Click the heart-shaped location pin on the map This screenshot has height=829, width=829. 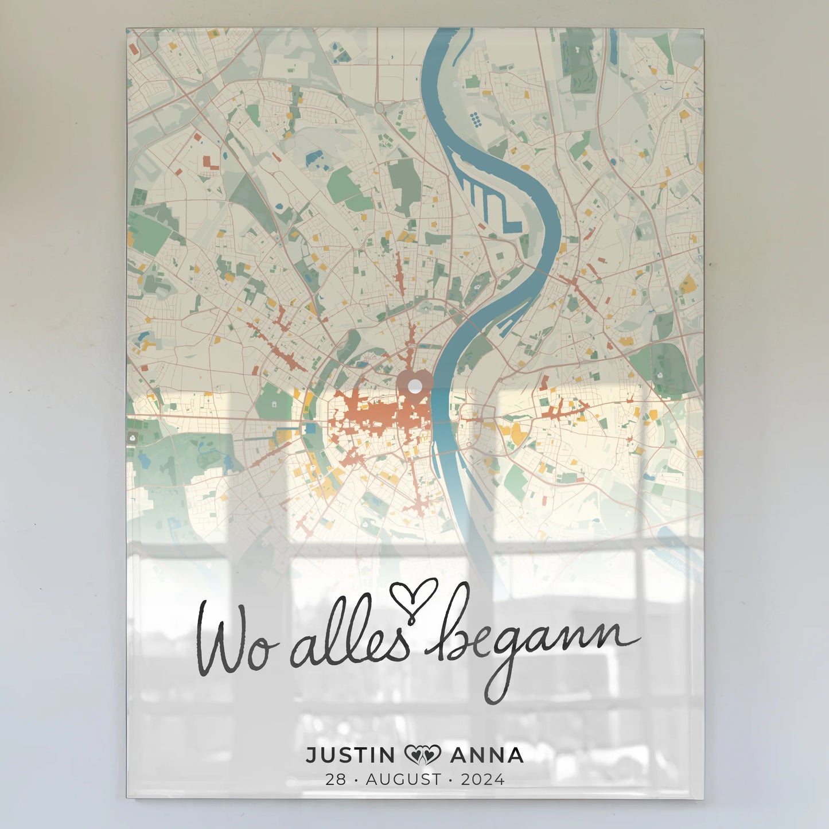414,383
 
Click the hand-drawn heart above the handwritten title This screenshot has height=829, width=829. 414,597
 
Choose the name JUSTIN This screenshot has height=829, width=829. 350,755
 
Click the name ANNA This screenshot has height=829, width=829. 486,755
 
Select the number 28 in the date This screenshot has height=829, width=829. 336,779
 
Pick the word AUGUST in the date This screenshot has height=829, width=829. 404,779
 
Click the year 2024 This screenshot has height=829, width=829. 482,779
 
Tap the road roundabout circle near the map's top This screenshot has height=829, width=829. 379,107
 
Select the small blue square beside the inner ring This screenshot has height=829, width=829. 310,428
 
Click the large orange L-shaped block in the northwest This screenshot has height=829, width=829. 211,162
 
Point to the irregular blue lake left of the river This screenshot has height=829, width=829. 314,157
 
